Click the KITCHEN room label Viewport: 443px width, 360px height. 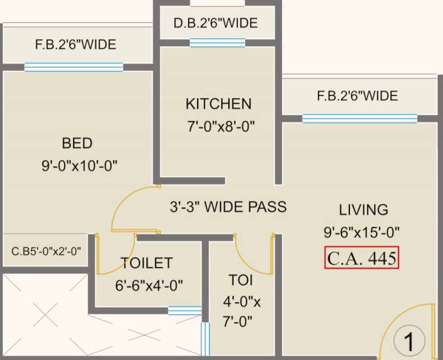(219, 104)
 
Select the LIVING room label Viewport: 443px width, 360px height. (363, 210)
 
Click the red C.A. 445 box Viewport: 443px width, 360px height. (362, 258)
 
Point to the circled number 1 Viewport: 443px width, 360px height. (406, 342)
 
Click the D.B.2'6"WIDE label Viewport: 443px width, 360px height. (216, 24)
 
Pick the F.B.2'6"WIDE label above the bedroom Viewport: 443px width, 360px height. (75, 45)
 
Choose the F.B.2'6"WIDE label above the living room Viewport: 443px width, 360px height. (357, 96)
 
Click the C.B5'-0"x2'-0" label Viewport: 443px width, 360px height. (46, 250)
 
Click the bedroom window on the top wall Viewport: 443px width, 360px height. (73, 67)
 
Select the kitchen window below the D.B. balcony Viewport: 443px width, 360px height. (217, 43)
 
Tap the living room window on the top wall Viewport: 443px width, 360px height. (359, 118)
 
